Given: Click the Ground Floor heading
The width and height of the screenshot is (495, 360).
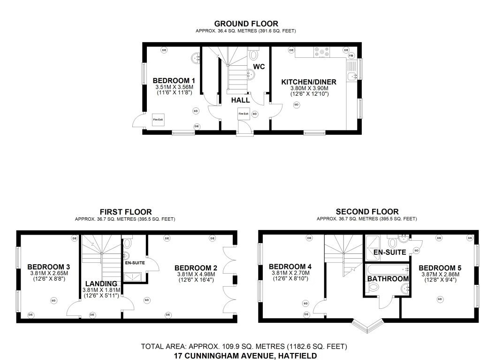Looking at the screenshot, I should click(x=246, y=23).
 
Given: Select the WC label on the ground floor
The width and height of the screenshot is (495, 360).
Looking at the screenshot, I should click(x=259, y=67).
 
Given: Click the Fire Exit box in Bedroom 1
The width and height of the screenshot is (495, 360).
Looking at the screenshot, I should click(x=158, y=120).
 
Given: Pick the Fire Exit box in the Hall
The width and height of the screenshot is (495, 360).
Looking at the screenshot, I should click(x=243, y=114).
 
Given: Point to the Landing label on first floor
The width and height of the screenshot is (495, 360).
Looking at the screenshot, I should click(x=101, y=283).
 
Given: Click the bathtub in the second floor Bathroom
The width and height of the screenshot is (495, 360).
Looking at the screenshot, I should click(x=386, y=270).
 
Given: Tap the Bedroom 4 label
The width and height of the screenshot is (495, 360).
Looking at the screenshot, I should click(x=290, y=266).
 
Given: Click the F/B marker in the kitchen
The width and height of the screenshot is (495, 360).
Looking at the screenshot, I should click(x=351, y=56).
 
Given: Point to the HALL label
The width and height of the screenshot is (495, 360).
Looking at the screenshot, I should click(x=240, y=100).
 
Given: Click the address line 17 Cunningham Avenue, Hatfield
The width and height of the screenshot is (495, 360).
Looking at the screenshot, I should click(x=244, y=356).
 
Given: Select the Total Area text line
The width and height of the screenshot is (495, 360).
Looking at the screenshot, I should click(x=244, y=347).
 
